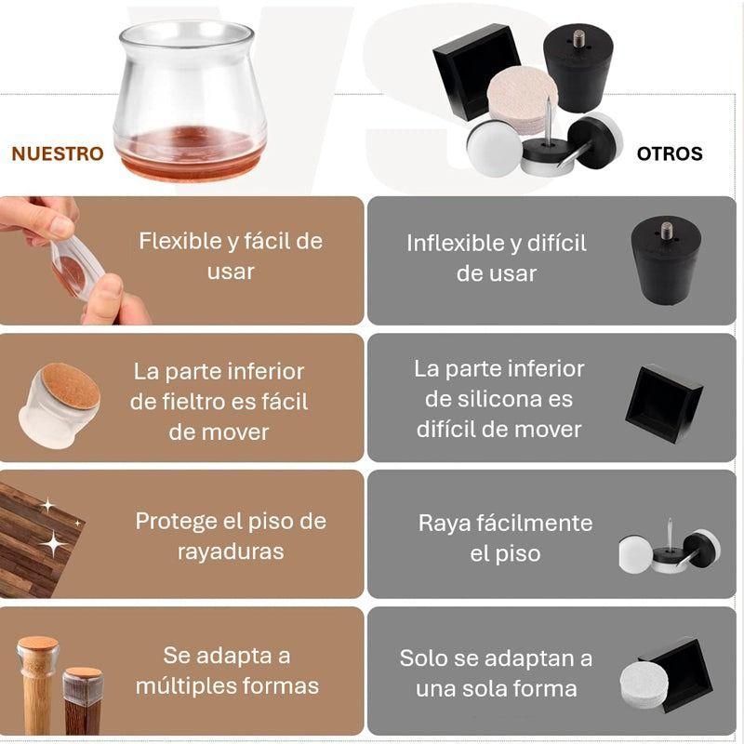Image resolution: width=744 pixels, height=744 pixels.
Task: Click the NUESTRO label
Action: point(58,153)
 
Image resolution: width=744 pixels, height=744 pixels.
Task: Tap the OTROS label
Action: point(670,153)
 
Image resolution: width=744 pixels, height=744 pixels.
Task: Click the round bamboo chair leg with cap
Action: point(37,684)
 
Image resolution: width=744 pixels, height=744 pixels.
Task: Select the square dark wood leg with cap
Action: point(82,697)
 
